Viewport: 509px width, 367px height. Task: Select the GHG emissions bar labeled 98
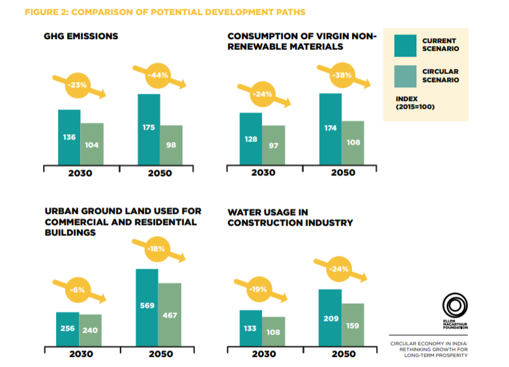coord(171,145)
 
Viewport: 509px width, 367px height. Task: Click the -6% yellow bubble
coord(76,290)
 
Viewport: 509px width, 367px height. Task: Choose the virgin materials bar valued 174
coord(330,129)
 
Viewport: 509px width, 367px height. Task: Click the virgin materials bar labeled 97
coord(274,145)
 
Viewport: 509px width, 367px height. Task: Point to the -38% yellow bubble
coord(342,75)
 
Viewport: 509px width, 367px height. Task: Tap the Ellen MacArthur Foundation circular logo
coord(453,305)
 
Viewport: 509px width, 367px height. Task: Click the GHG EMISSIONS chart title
coord(81,37)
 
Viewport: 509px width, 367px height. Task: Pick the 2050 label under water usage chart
coord(343,354)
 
